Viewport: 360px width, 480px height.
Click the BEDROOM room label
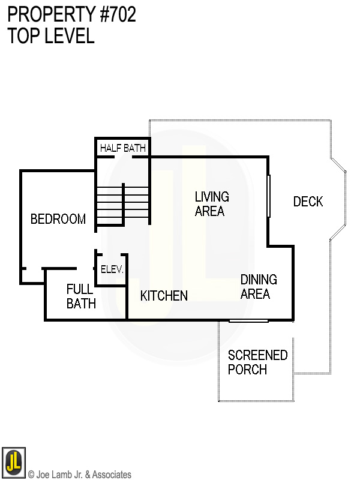58,220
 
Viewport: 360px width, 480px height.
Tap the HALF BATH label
122,148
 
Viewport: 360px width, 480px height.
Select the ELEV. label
112,270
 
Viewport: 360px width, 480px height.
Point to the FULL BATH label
81,296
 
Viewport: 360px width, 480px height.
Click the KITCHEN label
164,296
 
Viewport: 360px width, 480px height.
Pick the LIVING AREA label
212,204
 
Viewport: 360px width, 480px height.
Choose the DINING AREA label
258,287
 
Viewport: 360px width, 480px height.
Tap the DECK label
308,202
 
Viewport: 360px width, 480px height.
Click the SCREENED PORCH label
257,362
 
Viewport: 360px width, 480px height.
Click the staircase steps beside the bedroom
123,204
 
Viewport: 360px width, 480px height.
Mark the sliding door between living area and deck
269,196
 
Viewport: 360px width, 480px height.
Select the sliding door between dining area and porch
248,321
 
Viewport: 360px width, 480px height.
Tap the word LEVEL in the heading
68,35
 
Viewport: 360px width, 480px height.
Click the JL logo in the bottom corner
13,461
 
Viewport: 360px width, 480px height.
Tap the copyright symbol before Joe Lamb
31,475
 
